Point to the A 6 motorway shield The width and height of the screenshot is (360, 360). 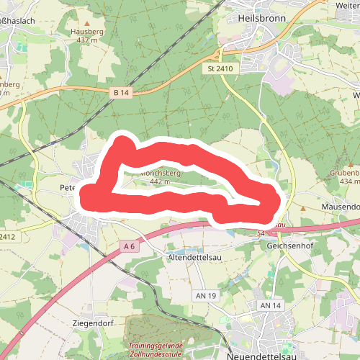pos(129,246)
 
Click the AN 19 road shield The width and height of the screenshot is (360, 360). pos(206,296)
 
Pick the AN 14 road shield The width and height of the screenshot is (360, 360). pos(269,306)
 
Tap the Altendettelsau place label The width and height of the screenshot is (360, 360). pos(194,257)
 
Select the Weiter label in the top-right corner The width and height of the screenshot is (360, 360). pos(347,6)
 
